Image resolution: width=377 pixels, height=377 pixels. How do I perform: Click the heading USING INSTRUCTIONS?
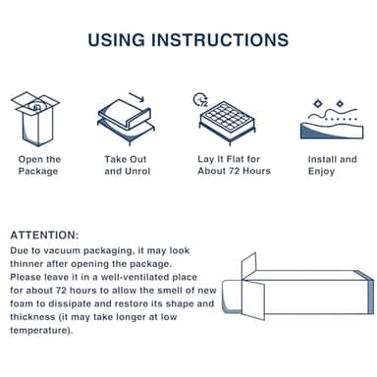[188, 40]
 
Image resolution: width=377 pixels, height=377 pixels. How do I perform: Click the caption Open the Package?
[39, 166]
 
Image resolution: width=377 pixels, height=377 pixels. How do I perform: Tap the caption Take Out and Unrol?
[127, 166]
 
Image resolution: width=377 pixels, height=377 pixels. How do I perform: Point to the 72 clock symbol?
[202, 99]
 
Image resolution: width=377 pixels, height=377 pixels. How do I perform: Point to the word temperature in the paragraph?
[39, 330]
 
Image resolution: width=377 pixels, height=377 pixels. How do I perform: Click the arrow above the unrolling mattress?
[136, 98]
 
